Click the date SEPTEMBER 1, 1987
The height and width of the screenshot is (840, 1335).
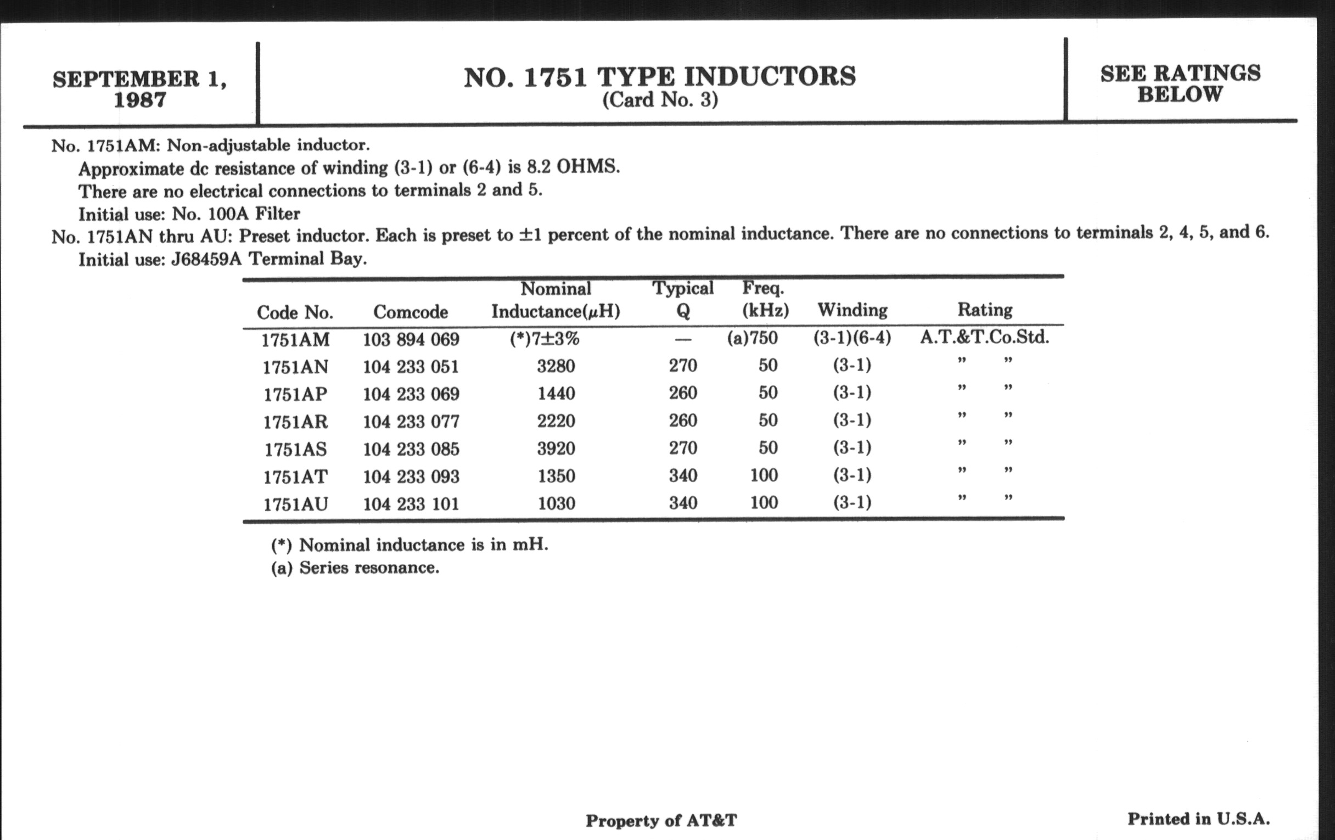point(140,89)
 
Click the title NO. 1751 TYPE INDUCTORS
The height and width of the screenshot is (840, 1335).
point(660,77)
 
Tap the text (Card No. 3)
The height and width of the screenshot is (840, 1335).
point(660,100)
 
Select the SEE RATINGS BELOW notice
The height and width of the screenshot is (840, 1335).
point(1180,83)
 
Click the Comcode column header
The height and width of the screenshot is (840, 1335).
point(410,312)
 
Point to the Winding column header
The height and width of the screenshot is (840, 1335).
point(852,310)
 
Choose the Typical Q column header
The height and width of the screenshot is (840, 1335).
point(682,299)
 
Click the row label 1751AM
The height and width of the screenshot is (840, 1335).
point(295,339)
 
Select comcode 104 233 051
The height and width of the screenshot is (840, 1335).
point(411,367)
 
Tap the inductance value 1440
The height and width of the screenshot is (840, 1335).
point(556,394)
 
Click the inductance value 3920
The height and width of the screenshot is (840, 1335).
point(556,448)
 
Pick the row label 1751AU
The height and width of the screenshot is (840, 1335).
point(295,504)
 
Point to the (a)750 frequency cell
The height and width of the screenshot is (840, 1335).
point(753,338)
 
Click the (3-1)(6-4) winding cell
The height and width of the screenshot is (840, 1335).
point(852,338)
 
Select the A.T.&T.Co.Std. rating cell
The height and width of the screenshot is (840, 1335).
point(985,337)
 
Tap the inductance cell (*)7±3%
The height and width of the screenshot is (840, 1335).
point(545,338)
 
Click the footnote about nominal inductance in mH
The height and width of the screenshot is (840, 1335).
point(410,545)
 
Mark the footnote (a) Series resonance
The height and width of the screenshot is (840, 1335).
point(355,568)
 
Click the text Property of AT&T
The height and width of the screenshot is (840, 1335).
point(661,821)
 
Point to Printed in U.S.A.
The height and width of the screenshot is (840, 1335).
point(1199,819)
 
